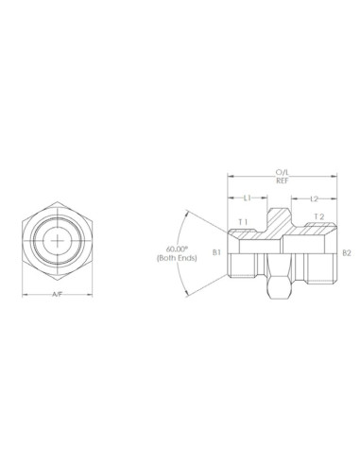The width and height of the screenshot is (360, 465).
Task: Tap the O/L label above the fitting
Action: pyautogui.click(x=282, y=172)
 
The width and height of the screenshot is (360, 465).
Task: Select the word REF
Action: pyautogui.click(x=282, y=181)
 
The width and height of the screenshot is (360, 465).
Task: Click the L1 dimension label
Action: pyautogui.click(x=248, y=198)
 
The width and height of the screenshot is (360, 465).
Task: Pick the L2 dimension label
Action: pyautogui.click(x=315, y=198)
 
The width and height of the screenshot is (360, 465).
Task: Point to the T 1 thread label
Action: pyautogui.click(x=243, y=221)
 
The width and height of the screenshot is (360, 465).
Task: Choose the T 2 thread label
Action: pyautogui.click(x=318, y=217)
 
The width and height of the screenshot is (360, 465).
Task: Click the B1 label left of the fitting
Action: pyautogui.click(x=216, y=253)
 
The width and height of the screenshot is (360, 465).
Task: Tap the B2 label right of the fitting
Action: pyautogui.click(x=347, y=253)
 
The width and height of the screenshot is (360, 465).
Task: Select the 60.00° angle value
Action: pyautogui.click(x=167, y=250)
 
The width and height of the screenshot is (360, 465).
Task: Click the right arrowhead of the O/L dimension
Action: pyautogui.click(x=334, y=177)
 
